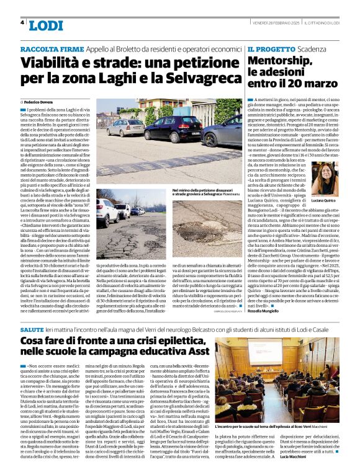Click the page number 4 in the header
pyautogui.click(x=22, y=22)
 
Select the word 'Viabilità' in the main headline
pyautogui.click(x=54, y=63)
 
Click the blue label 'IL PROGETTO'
pyautogui.click(x=268, y=48)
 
